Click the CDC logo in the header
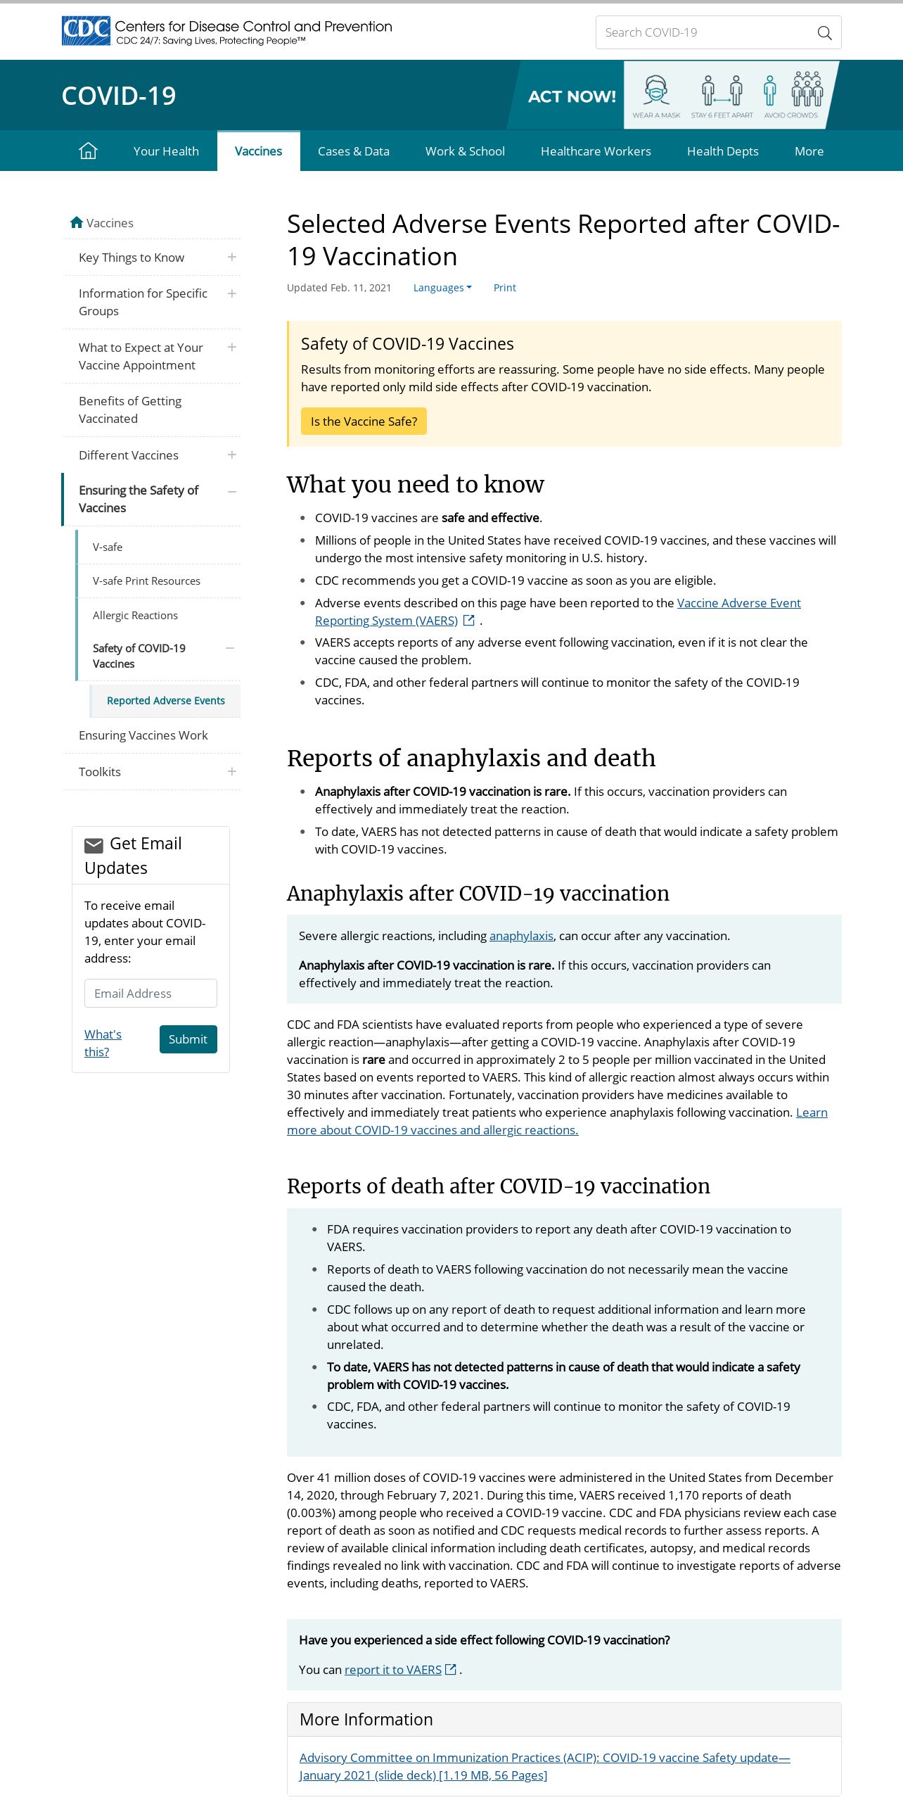87,31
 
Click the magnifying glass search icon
824,33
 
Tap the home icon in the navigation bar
88,151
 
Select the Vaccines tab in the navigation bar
258,151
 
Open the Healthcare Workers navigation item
596,151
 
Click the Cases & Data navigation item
353,151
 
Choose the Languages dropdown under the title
442,288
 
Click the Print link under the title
504,288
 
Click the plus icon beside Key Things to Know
232,258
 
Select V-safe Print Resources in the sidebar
146,581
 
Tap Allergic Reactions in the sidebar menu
135,616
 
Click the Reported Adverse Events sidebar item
165,701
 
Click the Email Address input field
150,994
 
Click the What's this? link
103,1043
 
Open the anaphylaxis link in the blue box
521,936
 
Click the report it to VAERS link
393,1670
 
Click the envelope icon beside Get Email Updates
94,845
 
